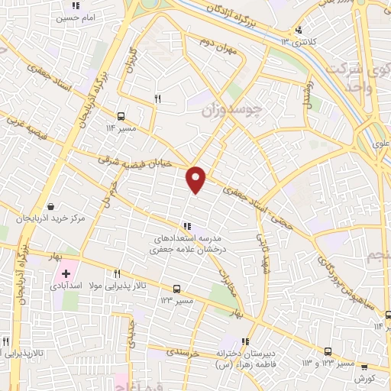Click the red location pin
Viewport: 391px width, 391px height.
point(196,179)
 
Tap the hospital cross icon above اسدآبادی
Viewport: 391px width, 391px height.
point(67,273)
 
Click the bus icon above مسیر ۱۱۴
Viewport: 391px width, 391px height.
point(123,118)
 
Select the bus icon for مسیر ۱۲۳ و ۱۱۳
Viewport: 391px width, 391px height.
point(328,351)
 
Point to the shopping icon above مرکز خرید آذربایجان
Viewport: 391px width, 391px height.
point(50,206)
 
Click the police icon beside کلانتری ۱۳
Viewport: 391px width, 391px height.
point(298,31)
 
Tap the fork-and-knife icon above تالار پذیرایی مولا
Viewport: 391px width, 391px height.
point(118,273)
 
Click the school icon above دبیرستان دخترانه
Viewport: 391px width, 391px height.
point(244,341)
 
